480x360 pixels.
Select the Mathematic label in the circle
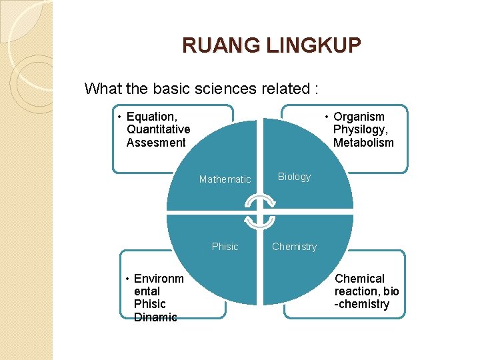[x=225, y=179]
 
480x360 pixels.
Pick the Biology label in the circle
[x=294, y=177]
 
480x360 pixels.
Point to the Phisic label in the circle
[x=225, y=247]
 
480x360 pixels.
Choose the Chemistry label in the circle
[x=294, y=247]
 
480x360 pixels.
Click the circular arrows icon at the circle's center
[x=259, y=211]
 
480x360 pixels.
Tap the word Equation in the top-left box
[x=151, y=117]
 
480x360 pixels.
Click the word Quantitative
[x=158, y=129]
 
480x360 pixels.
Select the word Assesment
[x=156, y=142]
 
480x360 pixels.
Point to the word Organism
[x=359, y=117]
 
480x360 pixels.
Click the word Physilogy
[x=361, y=129]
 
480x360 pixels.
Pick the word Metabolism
[x=363, y=142]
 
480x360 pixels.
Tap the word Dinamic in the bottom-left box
[x=155, y=317]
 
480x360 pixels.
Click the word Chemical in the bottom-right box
[x=359, y=279]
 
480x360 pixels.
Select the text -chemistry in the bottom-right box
[x=362, y=304]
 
